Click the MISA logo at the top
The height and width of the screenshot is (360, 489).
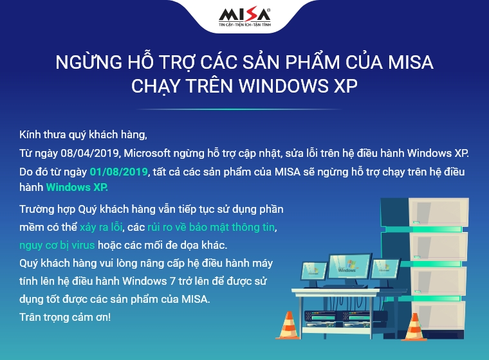pyautogui.click(x=244, y=14)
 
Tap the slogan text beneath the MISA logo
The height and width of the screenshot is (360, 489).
pyautogui.click(x=244, y=24)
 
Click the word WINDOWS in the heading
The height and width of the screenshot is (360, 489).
pyautogui.click(x=284, y=85)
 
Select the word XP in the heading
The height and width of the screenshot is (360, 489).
pyautogui.click(x=346, y=85)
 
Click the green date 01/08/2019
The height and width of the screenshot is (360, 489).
pyautogui.click(x=118, y=172)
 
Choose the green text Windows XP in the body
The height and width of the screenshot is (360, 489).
pyautogui.click(x=77, y=187)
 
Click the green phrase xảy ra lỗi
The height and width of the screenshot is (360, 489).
pyautogui.click(x=101, y=227)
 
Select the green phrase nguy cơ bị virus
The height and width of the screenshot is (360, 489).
pyautogui.click(x=57, y=246)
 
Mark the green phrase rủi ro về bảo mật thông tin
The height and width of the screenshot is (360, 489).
pyautogui.click(x=212, y=227)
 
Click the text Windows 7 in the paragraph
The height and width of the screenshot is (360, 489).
pyautogui.click(x=149, y=281)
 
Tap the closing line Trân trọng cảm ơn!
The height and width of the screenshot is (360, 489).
pyautogui.click(x=65, y=318)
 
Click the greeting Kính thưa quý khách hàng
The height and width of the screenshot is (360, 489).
pyautogui.click(x=83, y=134)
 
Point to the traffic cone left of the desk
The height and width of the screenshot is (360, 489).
pyautogui.click(x=288, y=325)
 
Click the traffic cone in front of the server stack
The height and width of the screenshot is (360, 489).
pyautogui.click(x=414, y=327)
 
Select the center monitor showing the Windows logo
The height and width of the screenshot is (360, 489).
pyautogui.click(x=350, y=267)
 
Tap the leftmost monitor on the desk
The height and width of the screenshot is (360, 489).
pyautogui.click(x=314, y=271)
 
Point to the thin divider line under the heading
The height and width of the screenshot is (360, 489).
pyautogui.click(x=239, y=109)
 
